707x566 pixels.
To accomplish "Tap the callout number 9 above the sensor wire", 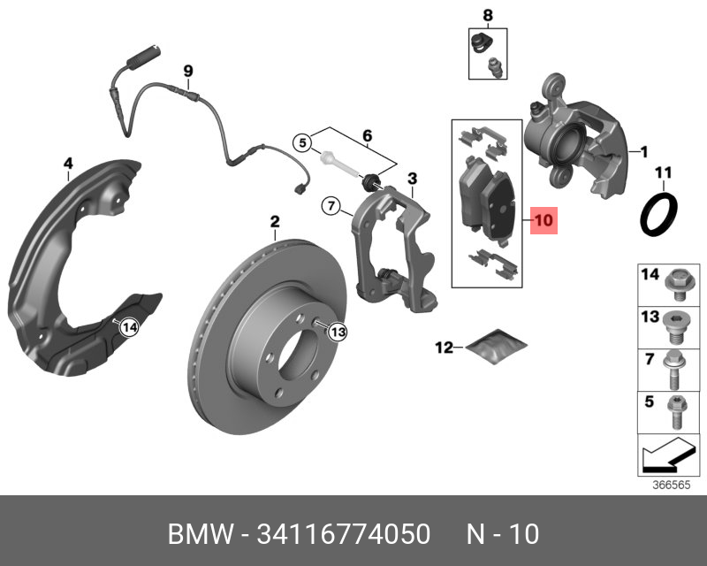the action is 187,71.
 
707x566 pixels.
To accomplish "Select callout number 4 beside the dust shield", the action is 68,163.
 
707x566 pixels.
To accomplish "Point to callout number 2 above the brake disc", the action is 274,221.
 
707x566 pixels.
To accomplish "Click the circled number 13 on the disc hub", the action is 338,332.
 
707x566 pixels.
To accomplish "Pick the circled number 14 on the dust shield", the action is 129,328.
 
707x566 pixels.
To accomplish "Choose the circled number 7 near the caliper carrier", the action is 330,207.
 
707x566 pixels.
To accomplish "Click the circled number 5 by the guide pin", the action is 302,141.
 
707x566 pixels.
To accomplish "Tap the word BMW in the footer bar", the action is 197,534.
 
